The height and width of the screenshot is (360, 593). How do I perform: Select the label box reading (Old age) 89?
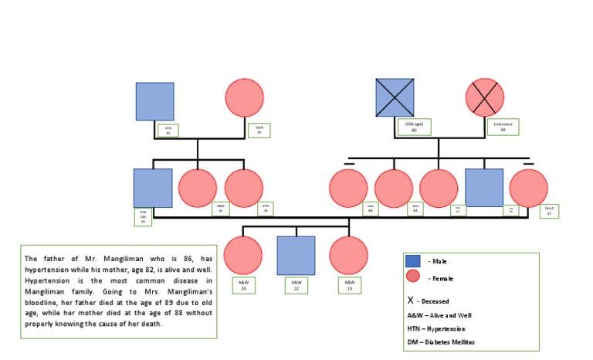point(414,127)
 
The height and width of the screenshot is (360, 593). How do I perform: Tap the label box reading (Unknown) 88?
point(503,127)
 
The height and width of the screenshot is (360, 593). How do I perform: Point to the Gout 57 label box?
point(549,211)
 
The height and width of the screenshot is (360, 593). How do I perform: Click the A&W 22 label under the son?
point(296,286)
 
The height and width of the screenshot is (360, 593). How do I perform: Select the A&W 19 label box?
point(349,285)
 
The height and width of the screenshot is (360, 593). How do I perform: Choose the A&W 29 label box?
point(242,285)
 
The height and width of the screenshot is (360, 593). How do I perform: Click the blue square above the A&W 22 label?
point(296,256)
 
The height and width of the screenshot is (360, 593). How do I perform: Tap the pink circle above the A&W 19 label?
point(348,256)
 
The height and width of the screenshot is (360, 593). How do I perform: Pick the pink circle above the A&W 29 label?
point(243,256)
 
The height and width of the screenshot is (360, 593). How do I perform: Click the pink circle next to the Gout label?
point(529,188)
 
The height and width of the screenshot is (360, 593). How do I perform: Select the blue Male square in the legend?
point(413,261)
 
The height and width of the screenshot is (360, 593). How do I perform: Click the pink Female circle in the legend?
point(413,277)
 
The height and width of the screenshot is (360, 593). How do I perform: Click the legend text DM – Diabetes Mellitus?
point(441,341)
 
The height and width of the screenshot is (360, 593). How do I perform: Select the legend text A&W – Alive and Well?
point(439,315)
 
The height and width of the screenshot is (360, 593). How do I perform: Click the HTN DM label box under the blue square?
point(143,216)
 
